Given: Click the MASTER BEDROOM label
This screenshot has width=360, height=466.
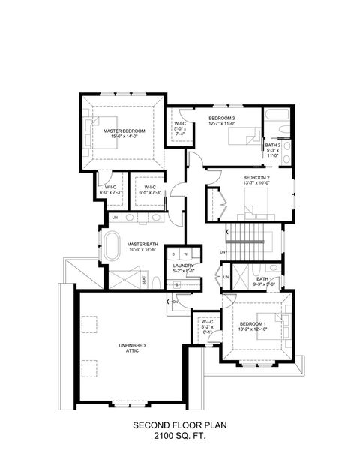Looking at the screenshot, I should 124,131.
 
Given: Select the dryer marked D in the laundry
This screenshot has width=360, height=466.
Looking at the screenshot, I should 172,254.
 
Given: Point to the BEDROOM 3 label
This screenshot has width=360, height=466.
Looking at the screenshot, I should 222,119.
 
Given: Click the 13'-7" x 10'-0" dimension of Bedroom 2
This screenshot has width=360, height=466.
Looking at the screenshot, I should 256,182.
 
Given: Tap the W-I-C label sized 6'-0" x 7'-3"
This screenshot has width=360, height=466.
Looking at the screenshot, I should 110,187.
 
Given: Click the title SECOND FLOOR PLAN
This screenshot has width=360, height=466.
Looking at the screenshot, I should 179,425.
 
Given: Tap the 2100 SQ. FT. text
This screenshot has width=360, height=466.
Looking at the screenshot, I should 179,436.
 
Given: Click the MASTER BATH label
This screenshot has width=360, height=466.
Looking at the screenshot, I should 141,244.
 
